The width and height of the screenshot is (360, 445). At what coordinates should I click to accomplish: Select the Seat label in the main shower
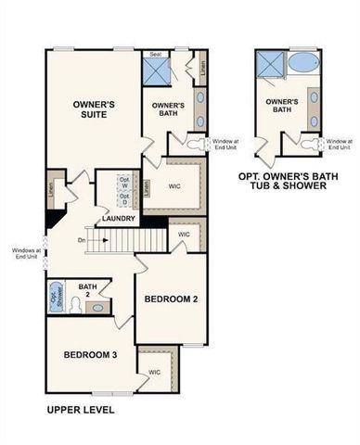(156, 55)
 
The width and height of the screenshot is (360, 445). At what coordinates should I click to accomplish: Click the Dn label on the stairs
(82, 240)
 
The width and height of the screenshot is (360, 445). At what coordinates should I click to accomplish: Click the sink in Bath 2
(100, 305)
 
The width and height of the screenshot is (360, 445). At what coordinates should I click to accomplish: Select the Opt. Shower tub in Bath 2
(55, 297)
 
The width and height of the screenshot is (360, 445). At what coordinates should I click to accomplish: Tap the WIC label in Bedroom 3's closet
(154, 372)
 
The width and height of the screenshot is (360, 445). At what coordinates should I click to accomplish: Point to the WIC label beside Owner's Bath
(174, 184)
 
